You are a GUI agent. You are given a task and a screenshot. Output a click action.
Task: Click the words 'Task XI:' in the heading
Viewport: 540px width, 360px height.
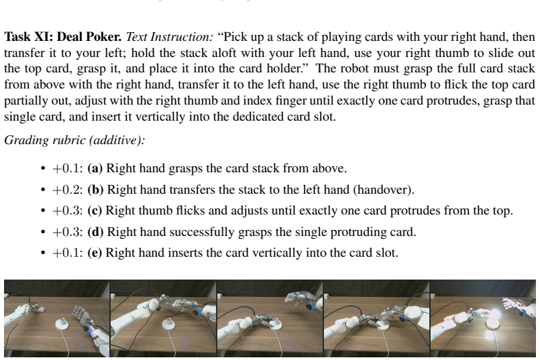point(29,37)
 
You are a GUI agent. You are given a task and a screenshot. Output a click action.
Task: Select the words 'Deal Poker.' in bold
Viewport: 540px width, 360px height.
point(89,37)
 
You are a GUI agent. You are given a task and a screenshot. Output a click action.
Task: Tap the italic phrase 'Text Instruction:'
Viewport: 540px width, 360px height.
point(170,37)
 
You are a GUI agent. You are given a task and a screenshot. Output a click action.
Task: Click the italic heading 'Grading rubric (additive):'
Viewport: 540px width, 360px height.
point(74,140)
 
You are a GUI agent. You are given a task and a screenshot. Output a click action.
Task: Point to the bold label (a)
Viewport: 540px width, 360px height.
point(95,168)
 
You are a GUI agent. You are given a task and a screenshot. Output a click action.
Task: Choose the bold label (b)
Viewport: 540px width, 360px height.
point(95,190)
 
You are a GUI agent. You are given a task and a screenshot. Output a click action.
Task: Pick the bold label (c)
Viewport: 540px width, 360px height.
point(95,211)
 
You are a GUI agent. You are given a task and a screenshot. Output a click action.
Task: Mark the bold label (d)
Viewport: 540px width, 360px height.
point(95,232)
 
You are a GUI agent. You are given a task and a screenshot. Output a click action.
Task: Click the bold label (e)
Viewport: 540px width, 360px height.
point(95,253)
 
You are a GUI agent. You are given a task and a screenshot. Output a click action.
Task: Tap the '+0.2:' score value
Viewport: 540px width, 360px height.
point(68,190)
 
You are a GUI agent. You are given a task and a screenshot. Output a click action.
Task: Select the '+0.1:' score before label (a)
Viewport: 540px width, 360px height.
point(68,168)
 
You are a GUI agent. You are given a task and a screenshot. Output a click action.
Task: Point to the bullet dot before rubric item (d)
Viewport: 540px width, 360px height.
point(43,233)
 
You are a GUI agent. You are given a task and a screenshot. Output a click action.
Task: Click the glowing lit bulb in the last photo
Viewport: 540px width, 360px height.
point(495,314)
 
